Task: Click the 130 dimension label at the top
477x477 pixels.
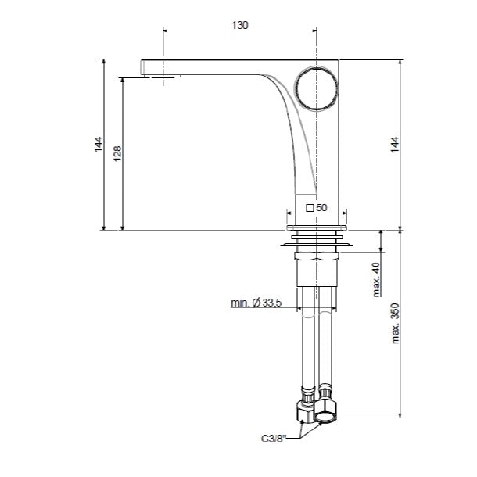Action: click(240, 25)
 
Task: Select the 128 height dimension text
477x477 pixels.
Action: click(117, 153)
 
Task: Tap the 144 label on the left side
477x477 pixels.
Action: click(99, 145)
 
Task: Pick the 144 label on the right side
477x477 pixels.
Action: click(395, 145)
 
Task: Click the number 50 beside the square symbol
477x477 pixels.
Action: click(321, 208)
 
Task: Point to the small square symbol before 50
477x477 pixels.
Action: click(310, 208)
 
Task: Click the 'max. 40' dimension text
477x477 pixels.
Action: click(376, 279)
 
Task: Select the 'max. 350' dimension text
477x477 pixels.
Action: click(395, 324)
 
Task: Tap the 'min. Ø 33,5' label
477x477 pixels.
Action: click(256, 303)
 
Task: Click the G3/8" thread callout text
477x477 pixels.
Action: click(274, 439)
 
